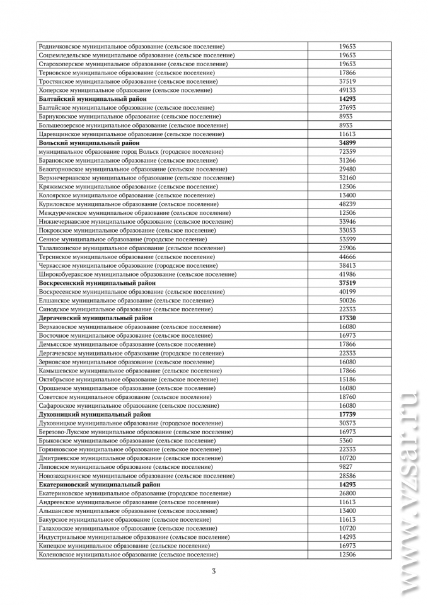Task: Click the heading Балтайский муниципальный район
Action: (x=93, y=99)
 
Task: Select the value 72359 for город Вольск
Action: (x=347, y=152)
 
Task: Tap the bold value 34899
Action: (x=347, y=143)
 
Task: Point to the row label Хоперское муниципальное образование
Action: (x=125, y=90)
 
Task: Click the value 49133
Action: (x=347, y=90)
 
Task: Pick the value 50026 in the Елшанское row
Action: (x=347, y=301)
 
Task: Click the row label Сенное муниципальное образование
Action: (x=125, y=239)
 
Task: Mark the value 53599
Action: (x=347, y=239)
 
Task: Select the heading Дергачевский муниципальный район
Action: (x=95, y=318)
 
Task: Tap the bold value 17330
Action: (x=347, y=318)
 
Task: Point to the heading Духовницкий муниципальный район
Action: (x=95, y=415)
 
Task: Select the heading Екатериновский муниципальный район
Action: (x=99, y=485)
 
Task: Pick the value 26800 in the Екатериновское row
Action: (x=347, y=493)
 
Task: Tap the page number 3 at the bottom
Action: (x=214, y=571)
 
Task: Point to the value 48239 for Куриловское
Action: (x=347, y=204)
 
